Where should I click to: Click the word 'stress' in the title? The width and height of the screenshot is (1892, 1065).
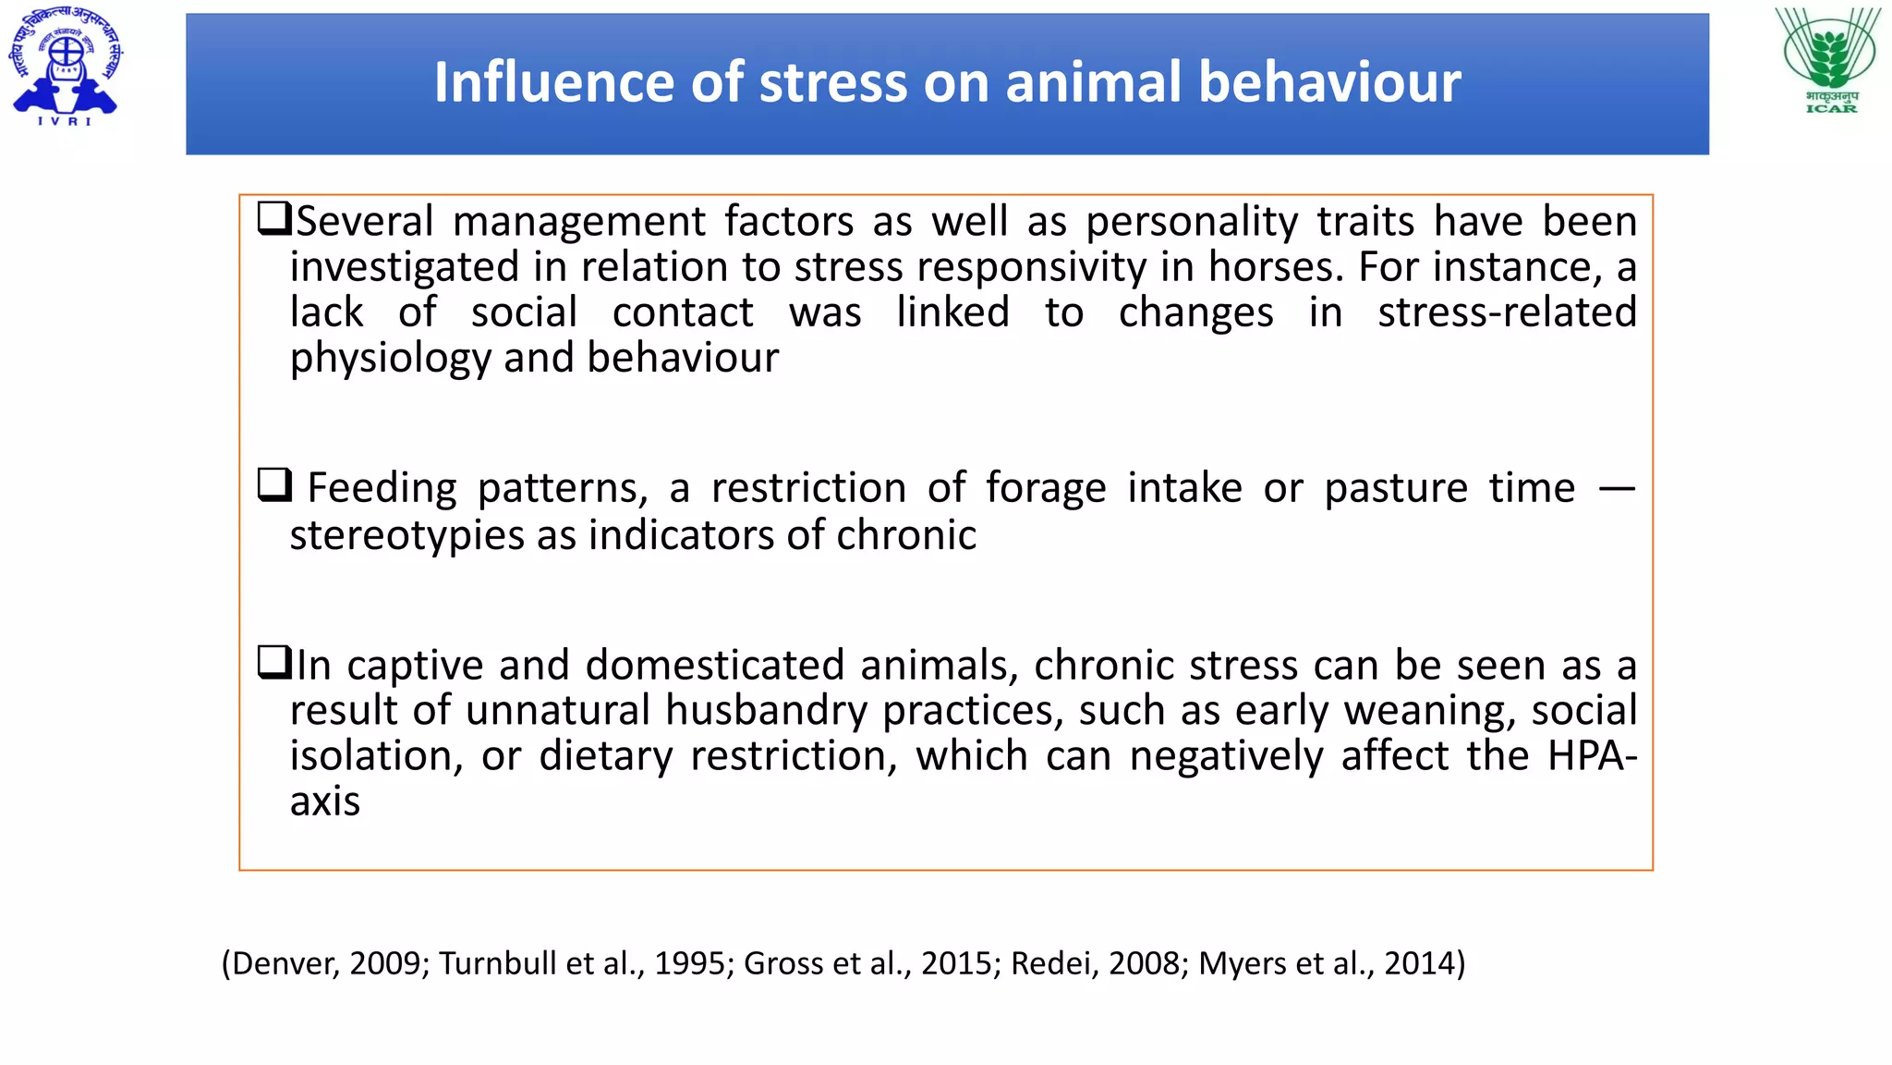(x=834, y=82)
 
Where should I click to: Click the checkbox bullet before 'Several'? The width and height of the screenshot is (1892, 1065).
(x=274, y=219)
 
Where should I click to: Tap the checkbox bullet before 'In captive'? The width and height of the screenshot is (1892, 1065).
(x=274, y=662)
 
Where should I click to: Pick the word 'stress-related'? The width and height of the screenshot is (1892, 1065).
(x=1507, y=312)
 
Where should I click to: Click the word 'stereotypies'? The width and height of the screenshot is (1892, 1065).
(x=406, y=536)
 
